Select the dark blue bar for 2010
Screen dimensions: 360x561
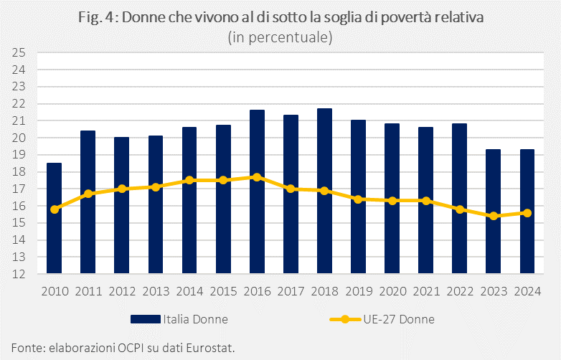(55, 218)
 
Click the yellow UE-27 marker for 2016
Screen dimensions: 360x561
(257, 176)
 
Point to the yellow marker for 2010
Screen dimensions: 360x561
(55, 209)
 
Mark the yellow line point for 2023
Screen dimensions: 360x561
(493, 216)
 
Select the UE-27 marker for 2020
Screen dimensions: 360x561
(392, 201)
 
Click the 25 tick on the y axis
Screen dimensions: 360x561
(19, 53)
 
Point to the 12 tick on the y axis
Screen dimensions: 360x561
(19, 274)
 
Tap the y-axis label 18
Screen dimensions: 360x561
(19, 172)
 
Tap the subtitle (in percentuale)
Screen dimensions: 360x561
(280, 37)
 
